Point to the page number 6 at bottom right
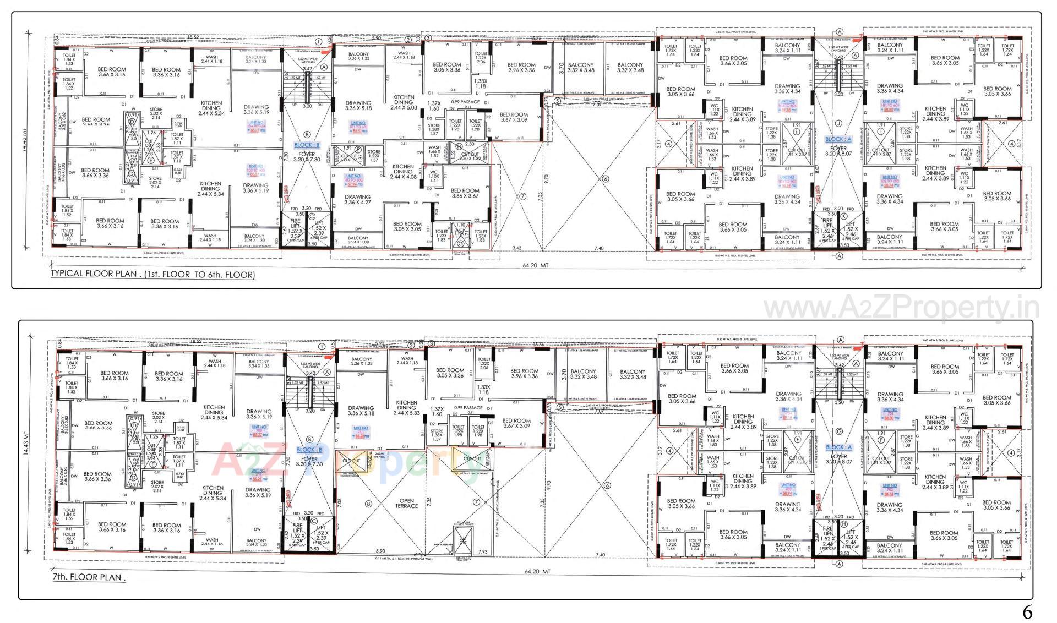click(x=1027, y=611)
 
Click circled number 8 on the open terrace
click(x=368, y=503)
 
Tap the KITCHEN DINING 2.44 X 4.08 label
click(x=403, y=172)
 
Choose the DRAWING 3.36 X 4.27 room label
click(x=357, y=199)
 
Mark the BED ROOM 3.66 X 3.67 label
click(x=465, y=194)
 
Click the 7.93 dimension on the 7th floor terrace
click(x=483, y=551)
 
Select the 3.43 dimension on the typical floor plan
click(x=516, y=249)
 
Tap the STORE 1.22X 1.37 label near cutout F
click(x=374, y=155)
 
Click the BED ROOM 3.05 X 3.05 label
click(x=407, y=226)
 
